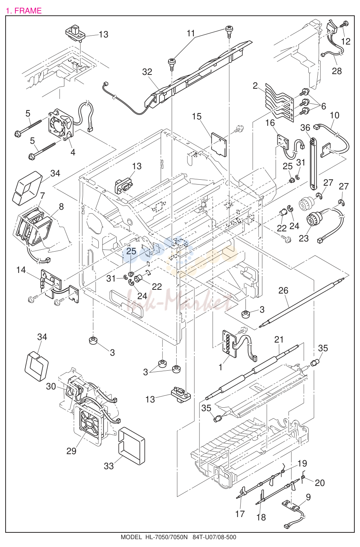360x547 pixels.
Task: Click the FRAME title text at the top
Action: (24, 11)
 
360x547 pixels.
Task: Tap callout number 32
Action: (147, 72)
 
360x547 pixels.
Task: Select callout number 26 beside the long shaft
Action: (283, 291)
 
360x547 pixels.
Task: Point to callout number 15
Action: (196, 116)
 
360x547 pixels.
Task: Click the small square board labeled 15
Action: (219, 144)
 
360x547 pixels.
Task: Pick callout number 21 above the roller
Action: (279, 340)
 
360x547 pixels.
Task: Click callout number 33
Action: (109, 466)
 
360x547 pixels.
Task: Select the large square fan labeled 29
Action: (88, 425)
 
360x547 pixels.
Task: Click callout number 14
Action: (21, 270)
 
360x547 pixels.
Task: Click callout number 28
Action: (337, 71)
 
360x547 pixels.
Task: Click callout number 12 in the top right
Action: (346, 42)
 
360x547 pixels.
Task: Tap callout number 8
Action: (61, 207)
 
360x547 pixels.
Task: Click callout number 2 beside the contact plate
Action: (255, 86)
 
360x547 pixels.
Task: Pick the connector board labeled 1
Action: (229, 344)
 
